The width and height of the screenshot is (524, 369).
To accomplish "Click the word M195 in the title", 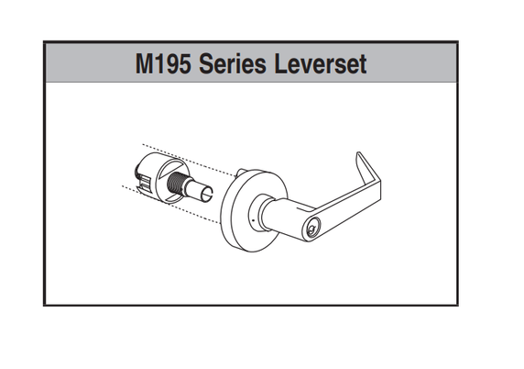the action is pos(162,63).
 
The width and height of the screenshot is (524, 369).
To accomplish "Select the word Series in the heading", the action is pos(233,63).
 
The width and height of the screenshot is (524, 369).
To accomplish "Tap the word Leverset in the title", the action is pos(321,63).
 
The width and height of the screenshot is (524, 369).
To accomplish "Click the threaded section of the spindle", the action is pos(176,184).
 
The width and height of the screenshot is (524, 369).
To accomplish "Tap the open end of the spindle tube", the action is pos(207,195).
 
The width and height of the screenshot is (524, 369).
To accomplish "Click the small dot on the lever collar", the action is pos(253,220).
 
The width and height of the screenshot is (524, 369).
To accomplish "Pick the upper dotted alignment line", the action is pos(189,160).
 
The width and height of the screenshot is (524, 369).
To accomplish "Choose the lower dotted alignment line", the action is pos(170,204).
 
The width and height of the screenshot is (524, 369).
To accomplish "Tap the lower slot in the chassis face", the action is pos(174,198).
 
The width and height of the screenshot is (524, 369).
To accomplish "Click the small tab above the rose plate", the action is pos(240,173).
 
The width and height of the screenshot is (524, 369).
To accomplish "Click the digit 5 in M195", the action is pos(183,63).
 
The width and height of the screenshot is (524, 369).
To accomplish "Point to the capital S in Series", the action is pos(206,63).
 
